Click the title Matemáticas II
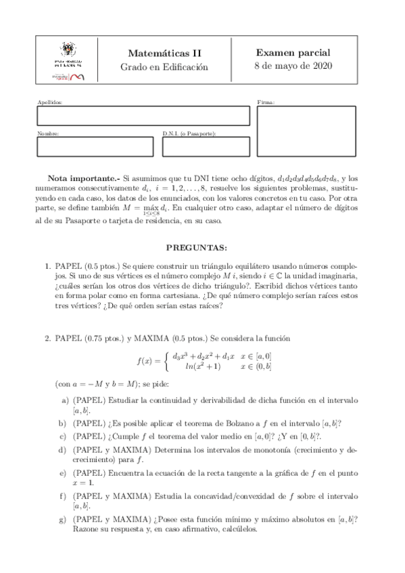(x=164, y=53)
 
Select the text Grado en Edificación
(x=164, y=67)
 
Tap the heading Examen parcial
(x=295, y=53)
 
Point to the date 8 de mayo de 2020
(x=295, y=66)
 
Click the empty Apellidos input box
(x=143, y=116)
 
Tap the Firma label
(x=266, y=102)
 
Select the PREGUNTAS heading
(x=202, y=248)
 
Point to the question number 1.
(x=47, y=268)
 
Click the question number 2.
(x=47, y=337)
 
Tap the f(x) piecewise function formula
(x=202, y=361)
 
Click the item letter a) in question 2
(x=64, y=399)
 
